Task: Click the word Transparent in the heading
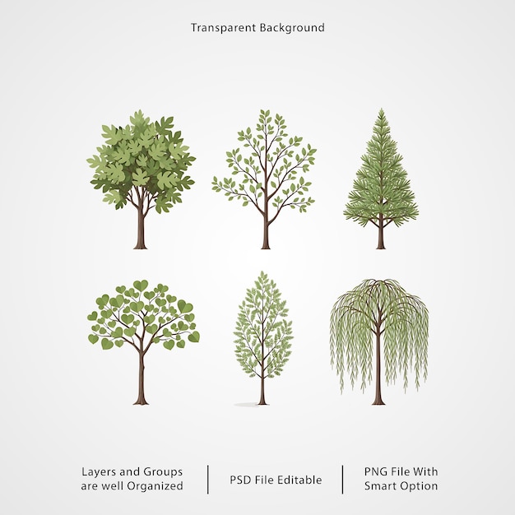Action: pyautogui.click(x=223, y=28)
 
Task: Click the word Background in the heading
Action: pyautogui.click(x=292, y=28)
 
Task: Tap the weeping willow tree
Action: pyautogui.click(x=379, y=341)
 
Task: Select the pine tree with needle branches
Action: pyautogui.click(x=381, y=179)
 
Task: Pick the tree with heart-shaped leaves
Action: pyautogui.click(x=143, y=342)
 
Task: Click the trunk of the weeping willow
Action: pyautogui.click(x=378, y=368)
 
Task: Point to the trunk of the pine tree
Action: pyautogui.click(x=381, y=234)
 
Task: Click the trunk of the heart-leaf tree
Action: pyautogui.click(x=142, y=378)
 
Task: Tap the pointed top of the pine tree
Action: pyautogui.click(x=382, y=109)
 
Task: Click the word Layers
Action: pyautogui.click(x=99, y=472)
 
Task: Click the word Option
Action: pyautogui.click(x=420, y=486)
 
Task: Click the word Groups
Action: pyautogui.click(x=163, y=472)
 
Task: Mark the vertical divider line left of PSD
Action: pyautogui.click(x=208, y=479)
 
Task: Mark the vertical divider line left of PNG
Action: pyautogui.click(x=342, y=479)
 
